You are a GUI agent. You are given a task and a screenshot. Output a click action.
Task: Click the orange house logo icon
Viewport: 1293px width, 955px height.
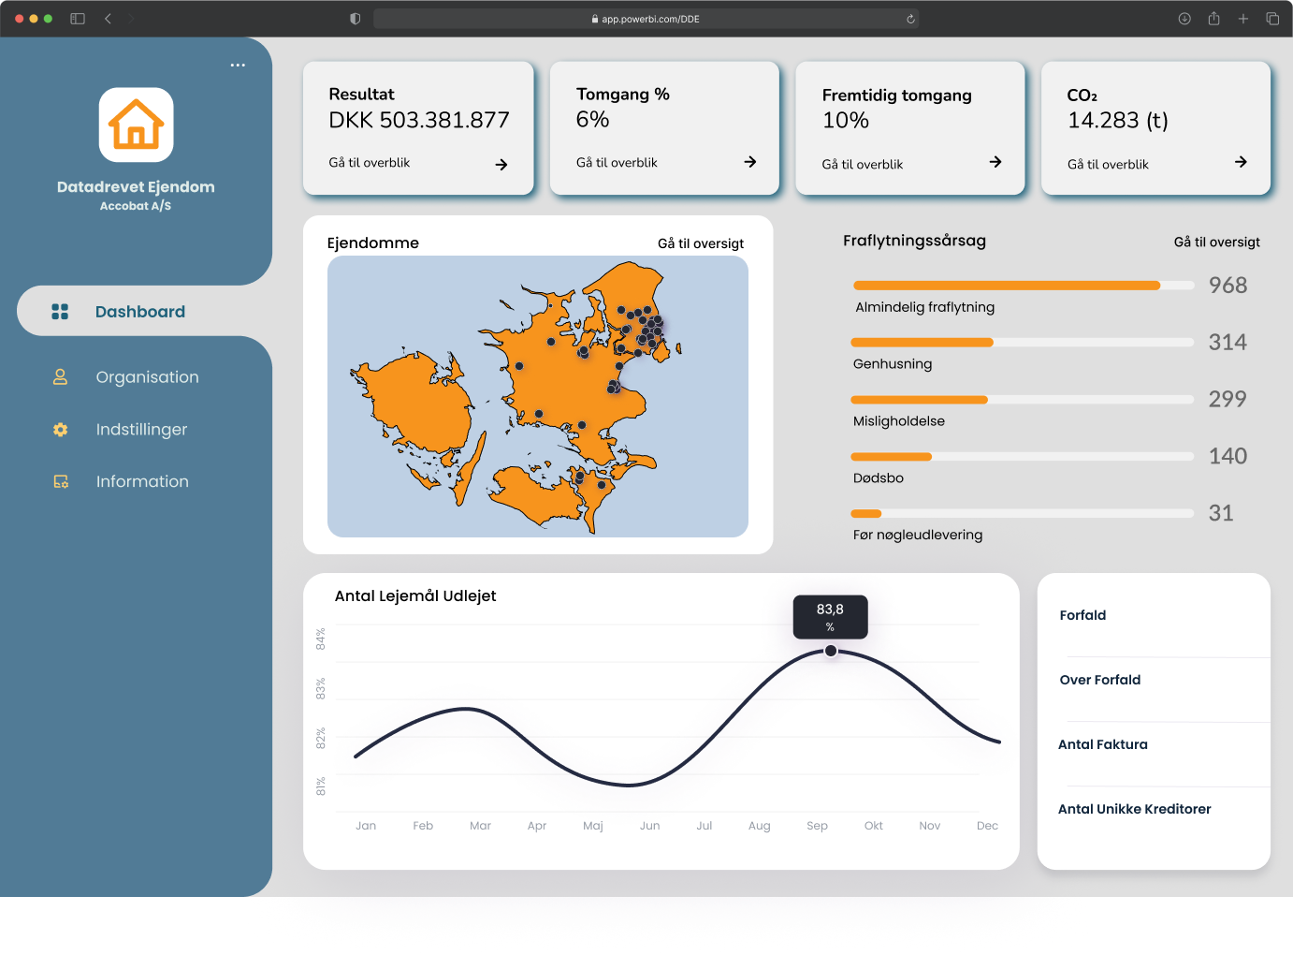[136, 125]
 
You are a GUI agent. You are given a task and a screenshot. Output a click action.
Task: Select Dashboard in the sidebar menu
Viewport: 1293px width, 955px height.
[140, 312]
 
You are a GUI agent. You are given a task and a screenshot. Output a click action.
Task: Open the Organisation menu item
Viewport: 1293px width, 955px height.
[147, 377]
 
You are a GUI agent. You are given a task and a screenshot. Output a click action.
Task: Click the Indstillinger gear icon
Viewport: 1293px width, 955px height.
[60, 430]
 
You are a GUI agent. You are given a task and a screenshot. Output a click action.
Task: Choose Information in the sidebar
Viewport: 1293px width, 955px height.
[142, 481]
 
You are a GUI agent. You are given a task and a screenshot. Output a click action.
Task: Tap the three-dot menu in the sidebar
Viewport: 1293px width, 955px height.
[238, 65]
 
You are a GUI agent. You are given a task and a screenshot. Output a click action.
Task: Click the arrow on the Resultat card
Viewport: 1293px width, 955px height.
[501, 165]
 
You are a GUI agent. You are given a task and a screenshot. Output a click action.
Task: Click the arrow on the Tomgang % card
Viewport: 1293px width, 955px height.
[749, 162]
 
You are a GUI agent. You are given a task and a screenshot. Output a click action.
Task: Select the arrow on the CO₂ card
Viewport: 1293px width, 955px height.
[1241, 162]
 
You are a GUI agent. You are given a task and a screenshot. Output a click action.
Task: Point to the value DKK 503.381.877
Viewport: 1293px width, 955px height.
[418, 120]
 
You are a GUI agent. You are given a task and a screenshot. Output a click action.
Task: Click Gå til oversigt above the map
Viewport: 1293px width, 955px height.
[701, 243]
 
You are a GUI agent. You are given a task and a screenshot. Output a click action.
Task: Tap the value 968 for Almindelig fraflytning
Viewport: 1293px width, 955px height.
[1228, 286]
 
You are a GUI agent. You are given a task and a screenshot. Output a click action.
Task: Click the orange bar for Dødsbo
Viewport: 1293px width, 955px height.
[892, 457]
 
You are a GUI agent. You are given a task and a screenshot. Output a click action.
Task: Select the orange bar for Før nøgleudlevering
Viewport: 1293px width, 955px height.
[866, 513]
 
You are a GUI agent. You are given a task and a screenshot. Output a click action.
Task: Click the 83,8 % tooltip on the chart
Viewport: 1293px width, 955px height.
[830, 617]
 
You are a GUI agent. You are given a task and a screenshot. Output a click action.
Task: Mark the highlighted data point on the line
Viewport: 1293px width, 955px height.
[831, 651]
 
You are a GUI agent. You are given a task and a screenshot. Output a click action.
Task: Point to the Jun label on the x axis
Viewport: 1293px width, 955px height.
[649, 826]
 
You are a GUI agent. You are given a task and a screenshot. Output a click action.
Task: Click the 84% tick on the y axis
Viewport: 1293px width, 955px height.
[321, 639]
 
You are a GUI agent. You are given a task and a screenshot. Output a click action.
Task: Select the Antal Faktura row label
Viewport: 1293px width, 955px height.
[1102, 744]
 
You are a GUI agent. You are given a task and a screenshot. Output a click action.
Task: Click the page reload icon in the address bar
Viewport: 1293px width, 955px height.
[910, 19]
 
